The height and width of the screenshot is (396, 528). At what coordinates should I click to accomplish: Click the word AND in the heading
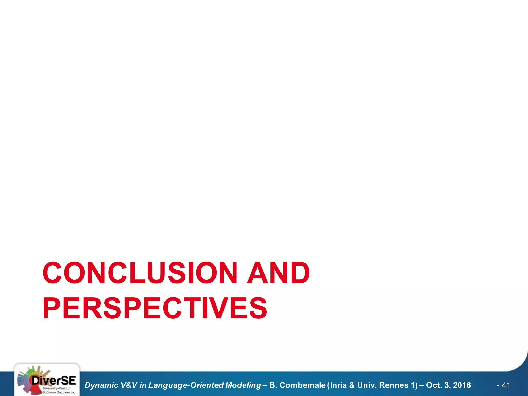[x=278, y=273]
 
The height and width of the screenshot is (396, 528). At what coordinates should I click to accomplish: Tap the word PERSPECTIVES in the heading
[x=155, y=308]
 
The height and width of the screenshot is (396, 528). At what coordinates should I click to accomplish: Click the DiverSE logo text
[x=54, y=381]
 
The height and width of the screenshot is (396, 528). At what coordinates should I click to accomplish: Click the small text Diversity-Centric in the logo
[x=56, y=388]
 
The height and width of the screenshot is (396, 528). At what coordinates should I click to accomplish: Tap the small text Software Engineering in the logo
[x=59, y=392]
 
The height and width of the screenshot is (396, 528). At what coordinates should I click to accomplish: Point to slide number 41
[x=506, y=385]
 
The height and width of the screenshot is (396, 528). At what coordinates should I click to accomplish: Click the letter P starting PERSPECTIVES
[x=52, y=308]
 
